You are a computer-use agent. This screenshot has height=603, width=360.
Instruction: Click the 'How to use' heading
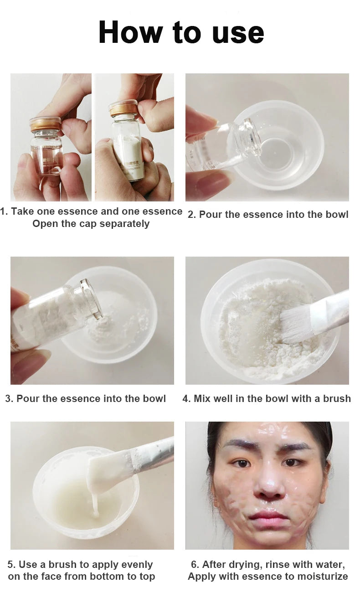(x=181, y=33)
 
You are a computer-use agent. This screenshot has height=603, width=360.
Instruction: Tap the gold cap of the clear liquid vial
(x=45, y=124)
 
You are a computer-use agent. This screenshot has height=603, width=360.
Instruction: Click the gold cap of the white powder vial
(x=123, y=108)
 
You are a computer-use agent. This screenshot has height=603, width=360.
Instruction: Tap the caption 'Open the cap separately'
(x=91, y=224)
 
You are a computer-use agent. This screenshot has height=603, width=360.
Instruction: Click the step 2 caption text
(x=268, y=214)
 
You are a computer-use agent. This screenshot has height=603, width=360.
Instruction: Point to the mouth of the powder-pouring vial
(x=91, y=299)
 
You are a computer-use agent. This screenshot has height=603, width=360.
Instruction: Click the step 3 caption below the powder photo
(x=85, y=398)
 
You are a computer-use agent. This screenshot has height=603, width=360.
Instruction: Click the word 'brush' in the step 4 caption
(x=337, y=398)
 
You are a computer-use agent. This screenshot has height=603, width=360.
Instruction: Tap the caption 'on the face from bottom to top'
(x=81, y=577)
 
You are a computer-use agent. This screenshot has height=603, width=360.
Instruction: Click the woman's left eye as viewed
(x=242, y=463)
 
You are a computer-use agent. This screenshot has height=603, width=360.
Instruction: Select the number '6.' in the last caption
(x=195, y=565)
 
